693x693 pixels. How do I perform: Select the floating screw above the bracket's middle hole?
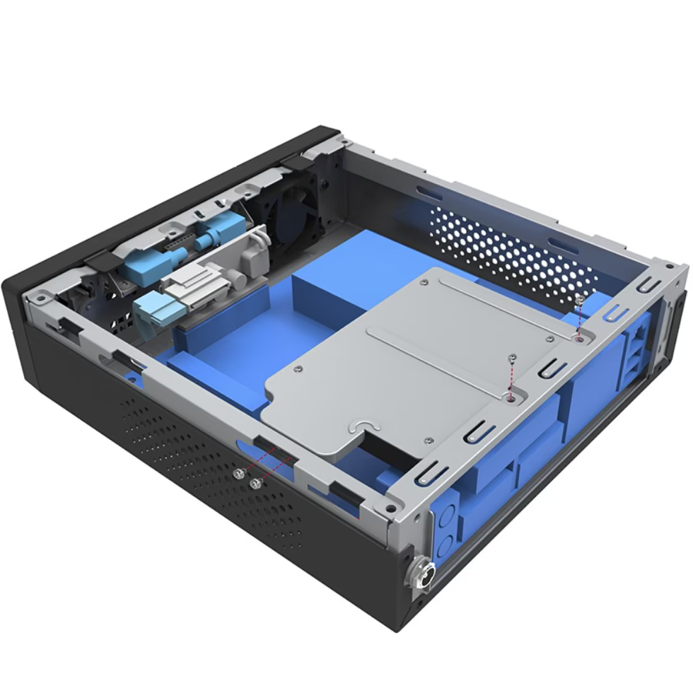click(x=513, y=360)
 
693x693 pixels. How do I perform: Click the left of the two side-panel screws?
click(x=241, y=474)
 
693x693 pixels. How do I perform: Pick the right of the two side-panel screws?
click(x=255, y=482)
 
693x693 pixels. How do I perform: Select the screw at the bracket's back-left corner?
click(x=423, y=282)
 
